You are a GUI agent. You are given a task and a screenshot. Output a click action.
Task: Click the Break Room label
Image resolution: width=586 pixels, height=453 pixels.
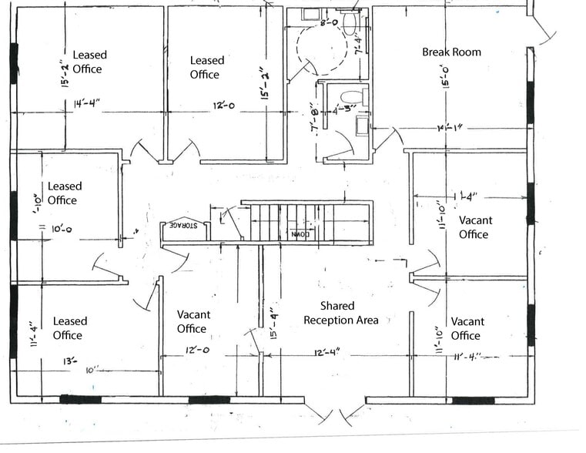coord(451,52)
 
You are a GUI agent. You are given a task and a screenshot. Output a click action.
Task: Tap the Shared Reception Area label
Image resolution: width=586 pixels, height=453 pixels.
coord(341,314)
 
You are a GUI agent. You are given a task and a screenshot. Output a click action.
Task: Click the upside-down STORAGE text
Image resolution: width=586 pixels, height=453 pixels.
coord(179,226)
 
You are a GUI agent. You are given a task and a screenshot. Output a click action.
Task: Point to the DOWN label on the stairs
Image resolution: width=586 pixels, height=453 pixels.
coord(299,233)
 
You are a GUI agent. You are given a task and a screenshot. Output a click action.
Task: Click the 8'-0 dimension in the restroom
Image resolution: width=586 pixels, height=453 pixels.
coord(329,23)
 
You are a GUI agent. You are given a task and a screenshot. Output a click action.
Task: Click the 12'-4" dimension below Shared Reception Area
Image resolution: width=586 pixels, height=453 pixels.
coord(326,352)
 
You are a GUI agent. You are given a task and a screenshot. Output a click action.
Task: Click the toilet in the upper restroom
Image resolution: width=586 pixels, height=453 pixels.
coord(350,24)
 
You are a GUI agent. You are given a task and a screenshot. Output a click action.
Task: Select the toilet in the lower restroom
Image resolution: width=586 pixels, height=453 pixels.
coord(353,97)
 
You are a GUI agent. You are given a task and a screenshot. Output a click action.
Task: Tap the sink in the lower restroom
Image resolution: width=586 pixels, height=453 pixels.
coord(361,125)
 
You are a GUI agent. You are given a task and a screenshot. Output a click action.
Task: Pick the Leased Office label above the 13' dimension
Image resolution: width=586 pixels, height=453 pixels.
coord(69,328)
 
